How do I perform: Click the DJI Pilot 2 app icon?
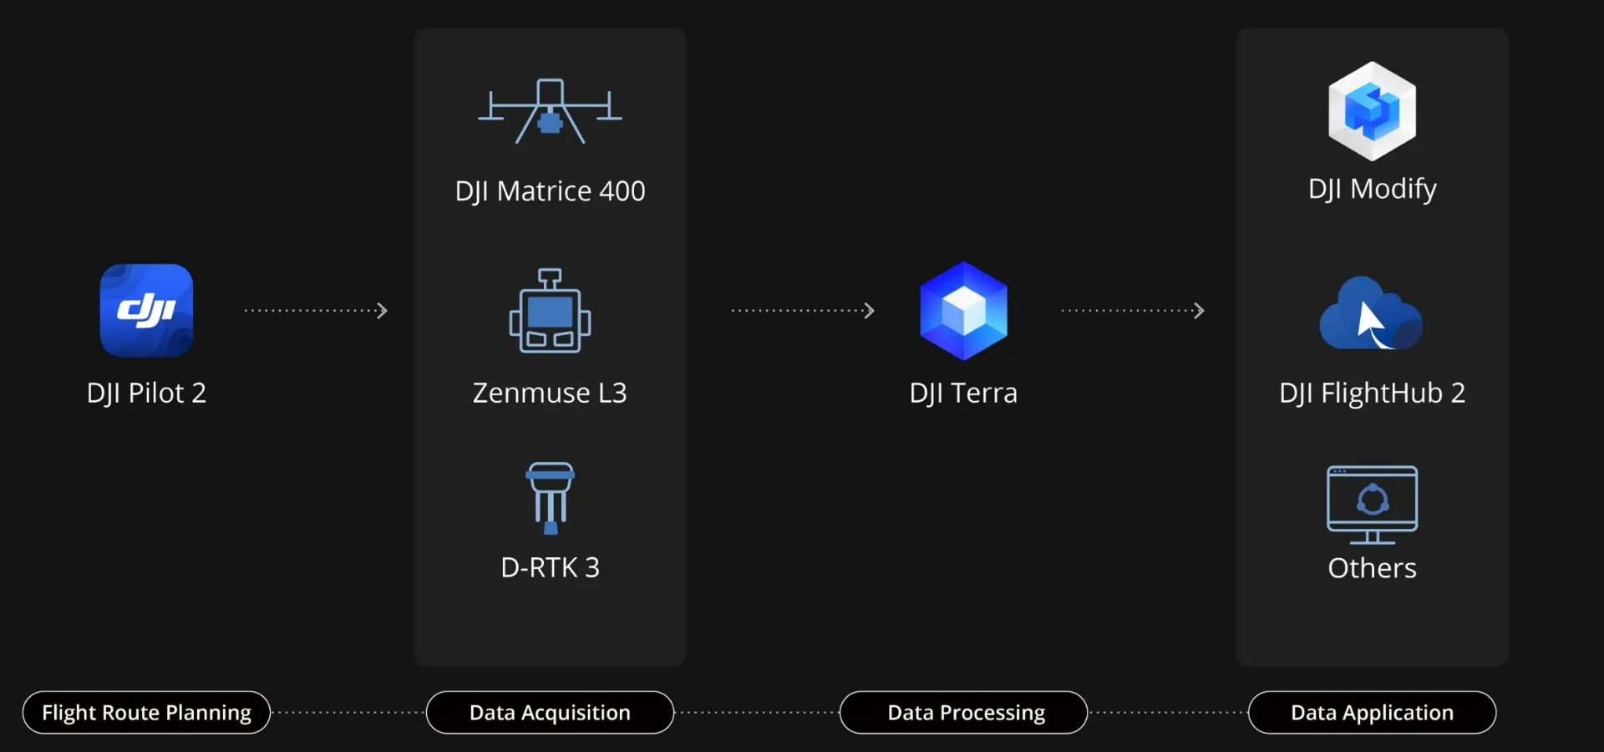click(146, 310)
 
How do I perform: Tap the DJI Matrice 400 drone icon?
click(550, 112)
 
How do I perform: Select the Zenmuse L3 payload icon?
click(550, 311)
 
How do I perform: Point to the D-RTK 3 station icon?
click(550, 497)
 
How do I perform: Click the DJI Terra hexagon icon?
click(963, 311)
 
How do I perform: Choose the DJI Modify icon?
click(1372, 111)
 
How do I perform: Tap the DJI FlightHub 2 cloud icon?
click(1371, 314)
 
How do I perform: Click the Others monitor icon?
click(1372, 504)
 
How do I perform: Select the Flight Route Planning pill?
click(146, 713)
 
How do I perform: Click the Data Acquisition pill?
click(550, 713)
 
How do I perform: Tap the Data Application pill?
click(1372, 713)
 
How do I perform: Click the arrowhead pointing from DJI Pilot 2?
click(382, 311)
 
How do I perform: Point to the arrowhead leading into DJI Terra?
click(869, 311)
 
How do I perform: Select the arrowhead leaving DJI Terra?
click(1199, 311)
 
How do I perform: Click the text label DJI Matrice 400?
click(550, 191)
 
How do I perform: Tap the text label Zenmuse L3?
click(550, 393)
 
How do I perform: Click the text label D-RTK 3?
click(550, 568)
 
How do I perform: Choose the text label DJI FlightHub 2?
click(1372, 393)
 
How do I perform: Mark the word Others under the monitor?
click(1372, 568)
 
